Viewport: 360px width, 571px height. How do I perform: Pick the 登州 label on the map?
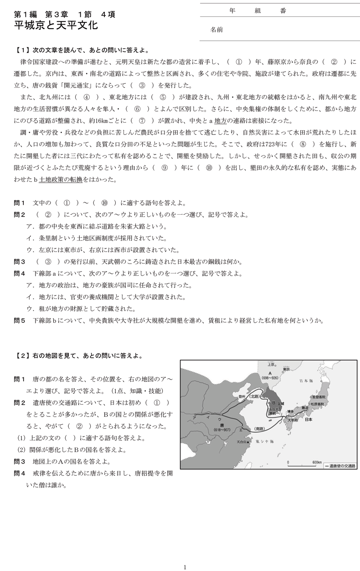pyautogui.click(x=236, y=396)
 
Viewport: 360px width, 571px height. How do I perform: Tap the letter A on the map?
pyautogui.click(x=270, y=372)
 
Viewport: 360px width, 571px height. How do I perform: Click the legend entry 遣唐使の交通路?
pyautogui.click(x=341, y=466)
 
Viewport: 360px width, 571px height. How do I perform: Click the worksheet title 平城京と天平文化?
pyautogui.click(x=56, y=26)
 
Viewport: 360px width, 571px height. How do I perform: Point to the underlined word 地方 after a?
pyautogui.click(x=220, y=121)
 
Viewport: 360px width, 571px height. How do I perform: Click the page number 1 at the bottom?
pyautogui.click(x=185, y=567)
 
